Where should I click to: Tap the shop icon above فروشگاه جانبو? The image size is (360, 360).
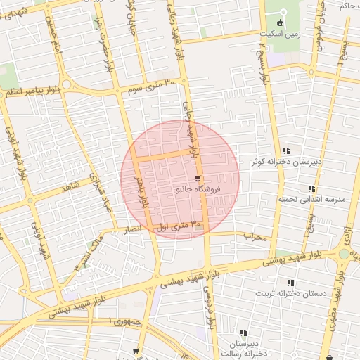[x=198, y=178]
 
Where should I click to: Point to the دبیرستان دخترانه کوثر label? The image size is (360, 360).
[x=287, y=162]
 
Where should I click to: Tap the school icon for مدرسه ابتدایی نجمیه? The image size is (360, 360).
[x=311, y=188]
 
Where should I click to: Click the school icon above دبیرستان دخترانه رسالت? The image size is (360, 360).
[x=243, y=333]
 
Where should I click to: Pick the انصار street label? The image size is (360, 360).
[x=131, y=229]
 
